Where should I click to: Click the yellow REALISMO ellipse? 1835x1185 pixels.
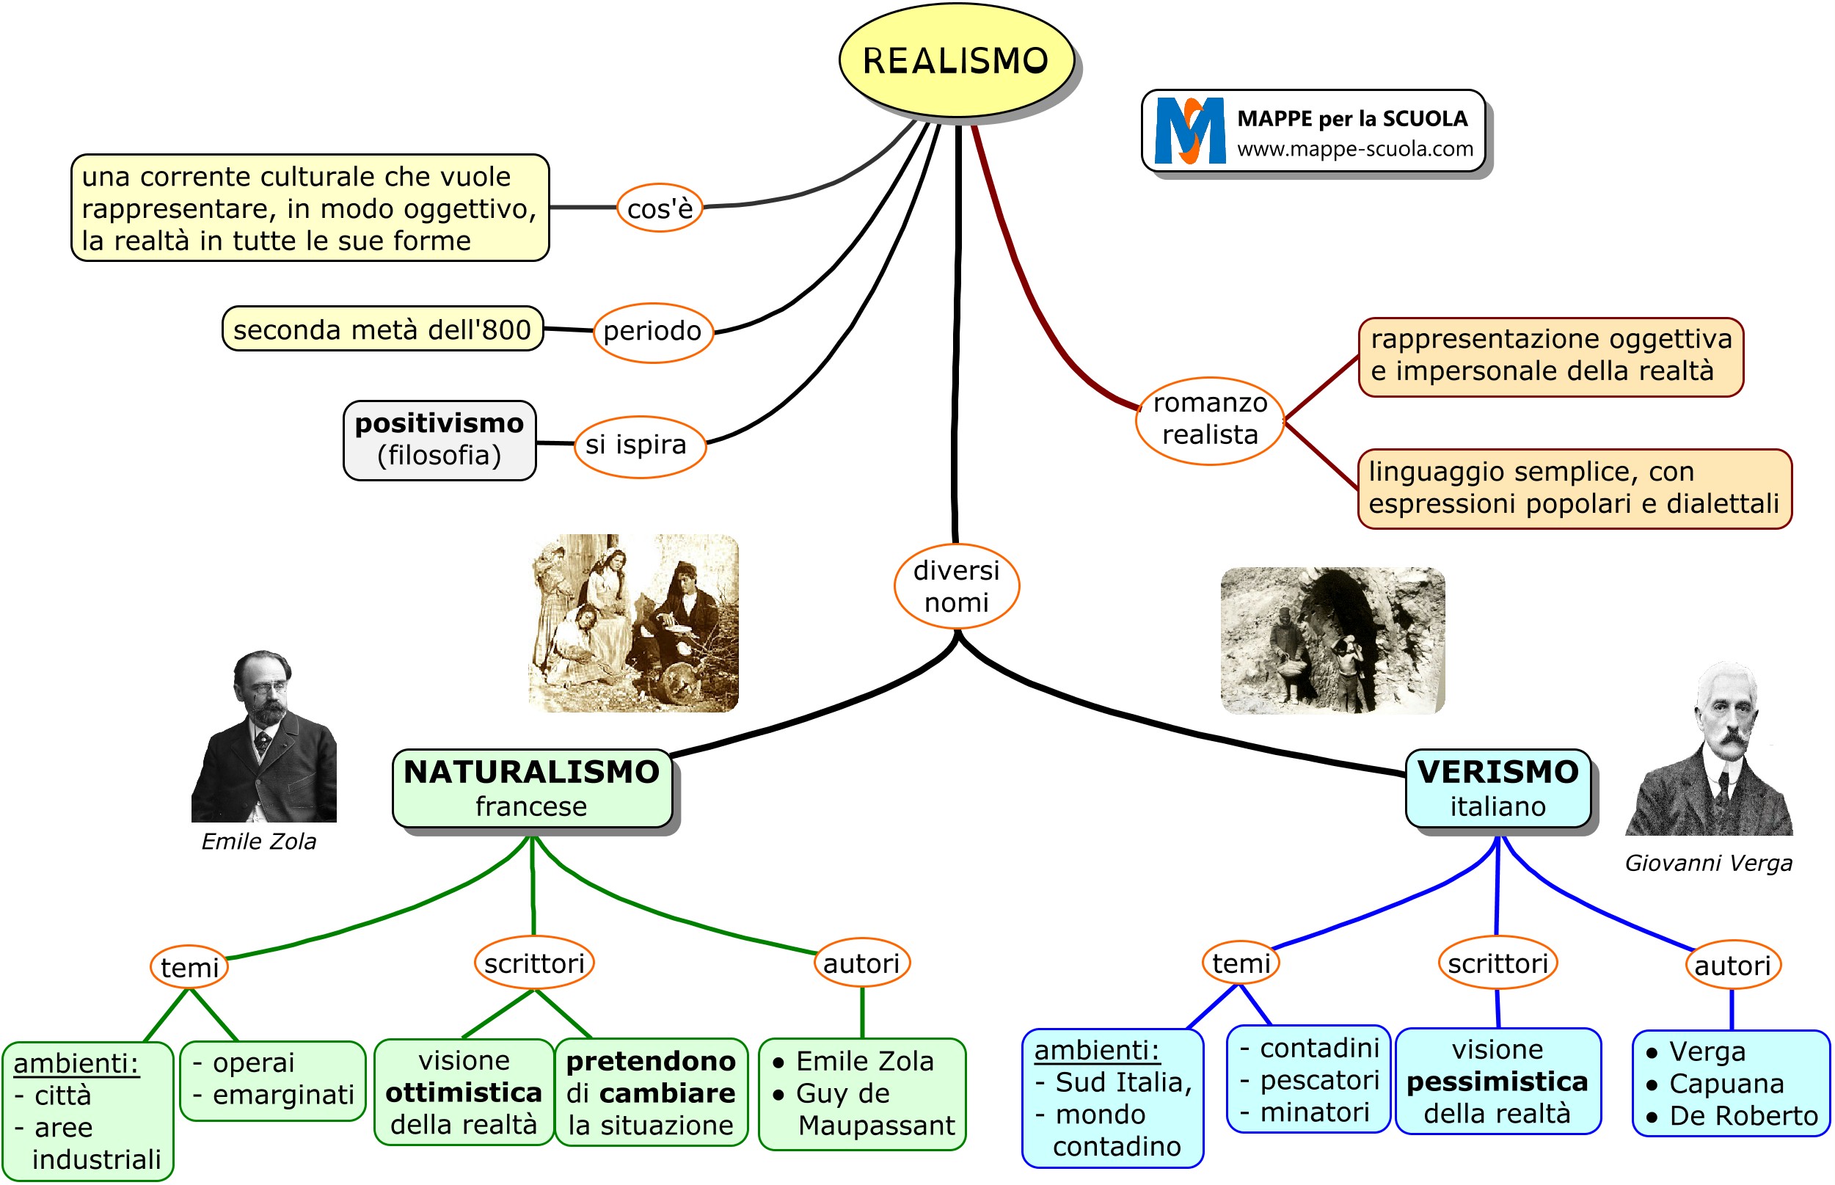coord(955,60)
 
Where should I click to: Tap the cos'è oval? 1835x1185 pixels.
coord(660,208)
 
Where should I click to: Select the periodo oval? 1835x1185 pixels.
coord(652,331)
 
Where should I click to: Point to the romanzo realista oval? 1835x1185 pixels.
coord(1209,420)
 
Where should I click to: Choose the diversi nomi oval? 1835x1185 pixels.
coord(955,586)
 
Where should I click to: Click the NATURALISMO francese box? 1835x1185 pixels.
coord(532,788)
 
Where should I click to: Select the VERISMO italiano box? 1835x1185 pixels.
coord(1497,788)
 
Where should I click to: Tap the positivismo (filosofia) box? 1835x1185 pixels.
coord(439,440)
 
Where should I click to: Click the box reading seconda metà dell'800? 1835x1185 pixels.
coord(382,329)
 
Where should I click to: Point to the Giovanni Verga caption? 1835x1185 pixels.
coord(1708,864)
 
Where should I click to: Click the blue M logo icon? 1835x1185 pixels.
coord(1189,131)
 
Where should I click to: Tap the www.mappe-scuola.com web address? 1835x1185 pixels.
coord(1354,149)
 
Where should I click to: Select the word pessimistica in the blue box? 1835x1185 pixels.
coord(1497,1082)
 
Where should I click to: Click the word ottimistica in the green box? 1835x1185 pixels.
coord(463,1093)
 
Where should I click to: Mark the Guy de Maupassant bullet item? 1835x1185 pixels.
coord(861,1109)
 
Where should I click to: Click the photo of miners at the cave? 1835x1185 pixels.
coord(1332,641)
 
